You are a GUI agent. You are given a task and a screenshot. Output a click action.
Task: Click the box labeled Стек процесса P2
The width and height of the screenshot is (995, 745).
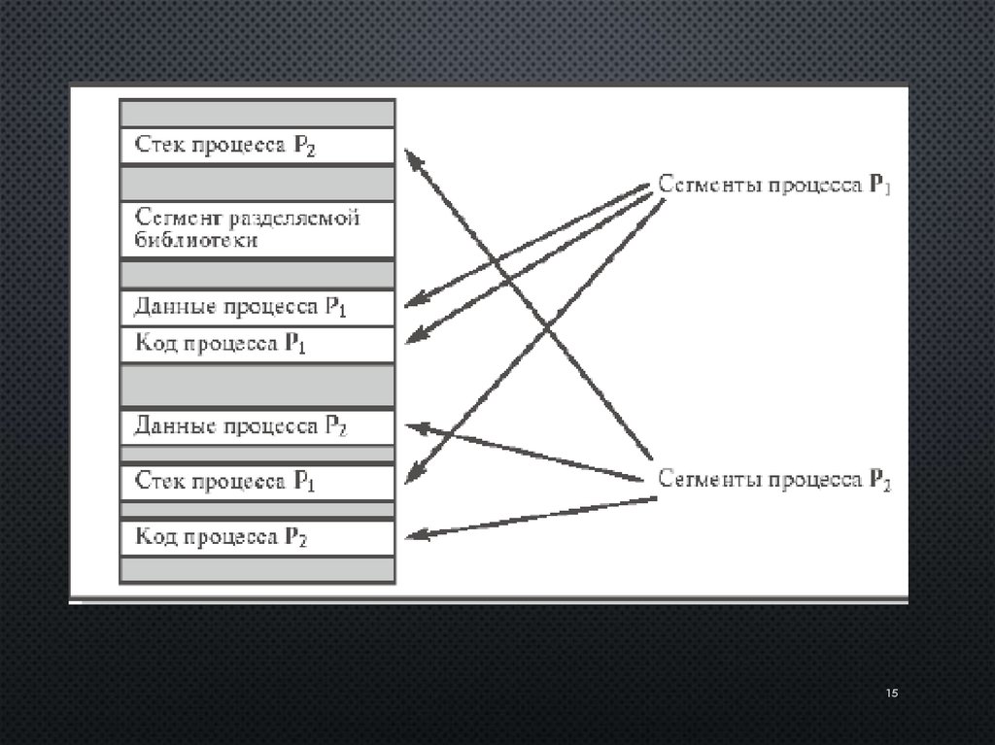pos(257,147)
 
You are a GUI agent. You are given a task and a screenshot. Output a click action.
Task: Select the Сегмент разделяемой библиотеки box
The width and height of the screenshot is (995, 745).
pos(257,229)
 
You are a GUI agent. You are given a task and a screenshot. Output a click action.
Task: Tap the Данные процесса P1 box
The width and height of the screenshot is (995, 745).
pos(257,307)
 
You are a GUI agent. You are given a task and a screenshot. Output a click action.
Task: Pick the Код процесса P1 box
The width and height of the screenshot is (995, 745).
pos(257,344)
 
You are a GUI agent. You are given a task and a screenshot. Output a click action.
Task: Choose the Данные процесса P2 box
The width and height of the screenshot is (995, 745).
pos(257,426)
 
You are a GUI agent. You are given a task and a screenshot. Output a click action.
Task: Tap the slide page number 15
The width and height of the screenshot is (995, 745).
pos(892,693)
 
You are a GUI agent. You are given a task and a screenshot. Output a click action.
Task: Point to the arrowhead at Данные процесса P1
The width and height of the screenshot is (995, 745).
pos(409,304)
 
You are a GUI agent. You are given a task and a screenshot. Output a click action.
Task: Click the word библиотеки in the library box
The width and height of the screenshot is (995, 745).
pos(196,240)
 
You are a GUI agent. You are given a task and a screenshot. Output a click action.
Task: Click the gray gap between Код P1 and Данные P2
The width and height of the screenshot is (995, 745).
pos(257,385)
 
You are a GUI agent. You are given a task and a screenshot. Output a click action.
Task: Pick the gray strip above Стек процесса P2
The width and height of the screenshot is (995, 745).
pos(257,114)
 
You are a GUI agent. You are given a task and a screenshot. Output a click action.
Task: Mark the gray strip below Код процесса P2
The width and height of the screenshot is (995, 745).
pos(257,568)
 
